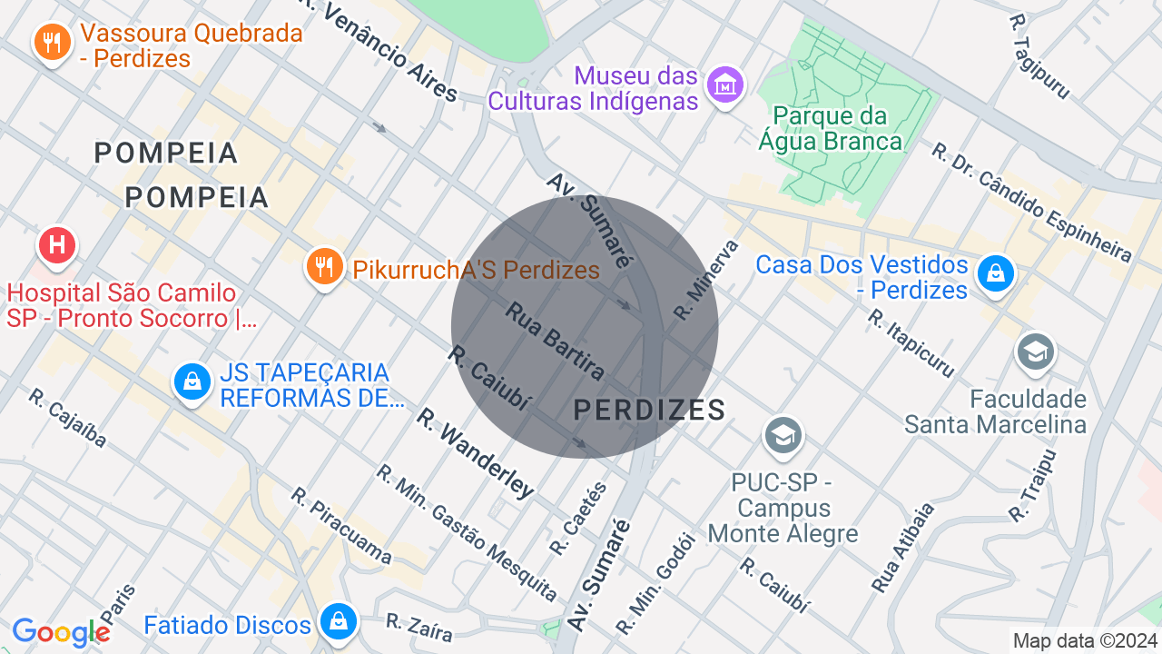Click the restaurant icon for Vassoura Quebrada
pyautogui.click(x=53, y=43)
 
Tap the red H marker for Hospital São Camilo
pyautogui.click(x=57, y=246)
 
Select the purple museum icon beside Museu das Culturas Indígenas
pyautogui.click(x=725, y=86)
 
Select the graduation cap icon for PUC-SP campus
pyautogui.click(x=783, y=435)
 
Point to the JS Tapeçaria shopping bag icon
pyautogui.click(x=192, y=382)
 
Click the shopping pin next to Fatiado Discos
pyautogui.click(x=338, y=623)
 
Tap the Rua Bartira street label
pyautogui.click(x=555, y=341)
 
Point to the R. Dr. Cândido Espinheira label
pyautogui.click(x=1031, y=201)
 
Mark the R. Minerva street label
pyautogui.click(x=706, y=280)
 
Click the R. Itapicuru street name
pyautogui.click(x=911, y=343)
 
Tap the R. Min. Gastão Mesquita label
pyautogui.click(x=467, y=532)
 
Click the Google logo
pyautogui.click(x=61, y=633)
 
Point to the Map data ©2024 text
pyautogui.click(x=1085, y=640)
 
